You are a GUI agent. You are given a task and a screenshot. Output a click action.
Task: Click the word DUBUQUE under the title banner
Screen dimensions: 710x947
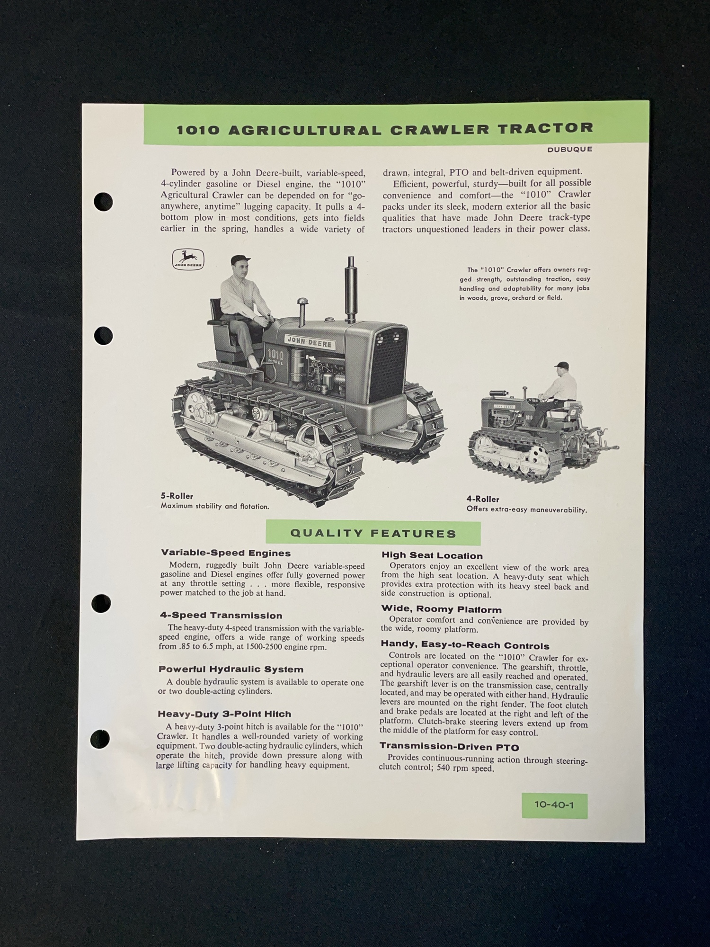(x=570, y=149)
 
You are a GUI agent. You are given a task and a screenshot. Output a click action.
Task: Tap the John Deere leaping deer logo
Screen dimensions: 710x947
(x=188, y=259)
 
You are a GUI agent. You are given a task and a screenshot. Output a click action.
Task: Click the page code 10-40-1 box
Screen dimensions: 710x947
(x=554, y=806)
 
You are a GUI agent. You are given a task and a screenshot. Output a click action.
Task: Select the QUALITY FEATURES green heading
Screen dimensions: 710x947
(x=373, y=533)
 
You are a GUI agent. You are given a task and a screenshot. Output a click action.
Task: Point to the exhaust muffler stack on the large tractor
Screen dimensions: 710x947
(x=351, y=289)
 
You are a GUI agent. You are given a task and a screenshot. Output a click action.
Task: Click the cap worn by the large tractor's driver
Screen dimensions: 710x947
(x=240, y=260)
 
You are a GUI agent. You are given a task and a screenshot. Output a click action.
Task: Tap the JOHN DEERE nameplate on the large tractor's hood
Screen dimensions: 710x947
(x=309, y=342)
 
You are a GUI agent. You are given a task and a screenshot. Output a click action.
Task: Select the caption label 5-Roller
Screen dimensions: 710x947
(x=177, y=496)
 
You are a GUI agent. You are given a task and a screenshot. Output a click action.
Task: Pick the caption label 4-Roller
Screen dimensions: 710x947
(x=483, y=499)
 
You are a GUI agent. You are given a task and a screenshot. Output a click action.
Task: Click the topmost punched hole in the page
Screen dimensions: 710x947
(x=103, y=202)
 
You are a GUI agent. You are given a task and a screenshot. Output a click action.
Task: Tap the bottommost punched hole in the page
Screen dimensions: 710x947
(x=99, y=740)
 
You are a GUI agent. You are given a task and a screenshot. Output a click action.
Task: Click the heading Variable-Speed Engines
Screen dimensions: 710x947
(x=226, y=553)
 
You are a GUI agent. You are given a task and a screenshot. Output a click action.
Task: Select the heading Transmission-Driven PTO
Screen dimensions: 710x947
(x=449, y=747)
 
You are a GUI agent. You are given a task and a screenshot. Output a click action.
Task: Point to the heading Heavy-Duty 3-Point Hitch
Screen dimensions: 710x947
(x=224, y=714)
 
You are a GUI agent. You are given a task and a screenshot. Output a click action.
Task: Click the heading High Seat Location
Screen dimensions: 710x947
(x=432, y=556)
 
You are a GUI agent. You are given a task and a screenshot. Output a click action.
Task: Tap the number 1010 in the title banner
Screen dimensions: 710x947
(x=198, y=130)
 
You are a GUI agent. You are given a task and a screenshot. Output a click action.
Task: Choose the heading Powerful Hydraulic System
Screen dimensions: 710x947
(x=231, y=670)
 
